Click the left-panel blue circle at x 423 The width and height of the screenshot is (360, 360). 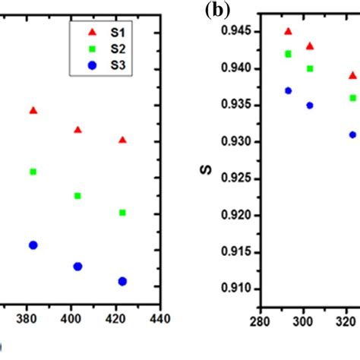(122, 281)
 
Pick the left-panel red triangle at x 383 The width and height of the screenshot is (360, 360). (33, 110)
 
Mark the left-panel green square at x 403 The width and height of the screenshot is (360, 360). (77, 196)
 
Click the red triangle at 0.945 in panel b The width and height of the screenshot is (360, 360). (288, 31)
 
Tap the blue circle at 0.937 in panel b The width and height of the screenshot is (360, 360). (288, 90)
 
